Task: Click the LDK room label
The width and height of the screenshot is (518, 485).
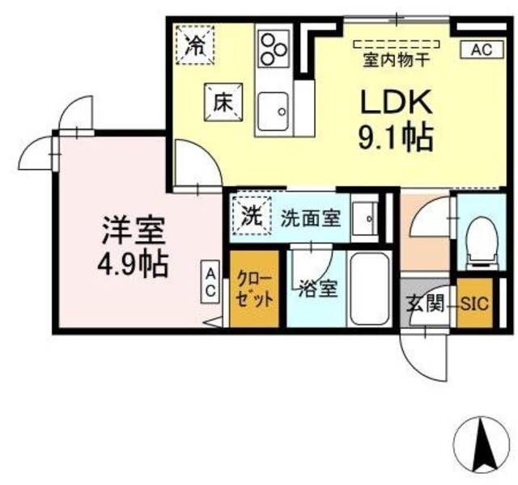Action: point(397,102)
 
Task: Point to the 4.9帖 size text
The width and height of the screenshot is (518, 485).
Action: point(133,264)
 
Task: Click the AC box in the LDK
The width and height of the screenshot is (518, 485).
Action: point(482,50)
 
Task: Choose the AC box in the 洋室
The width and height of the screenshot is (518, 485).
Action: point(210,281)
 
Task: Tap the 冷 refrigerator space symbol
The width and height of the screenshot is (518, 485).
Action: point(195,44)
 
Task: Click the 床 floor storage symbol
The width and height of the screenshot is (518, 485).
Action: point(223,103)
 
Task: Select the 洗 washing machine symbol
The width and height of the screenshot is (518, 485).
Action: point(252,216)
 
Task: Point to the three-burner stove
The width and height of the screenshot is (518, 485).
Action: point(274,49)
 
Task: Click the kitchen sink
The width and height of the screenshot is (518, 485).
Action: point(274,112)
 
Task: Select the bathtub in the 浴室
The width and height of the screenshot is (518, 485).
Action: point(369,289)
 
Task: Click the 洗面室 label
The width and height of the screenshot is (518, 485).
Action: point(311,218)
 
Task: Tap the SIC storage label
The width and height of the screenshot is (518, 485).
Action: point(475,303)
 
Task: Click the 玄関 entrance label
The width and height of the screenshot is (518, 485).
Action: point(424,303)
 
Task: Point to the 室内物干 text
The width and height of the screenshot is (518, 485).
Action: point(397,61)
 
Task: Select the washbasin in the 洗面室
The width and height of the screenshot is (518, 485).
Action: point(365,218)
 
